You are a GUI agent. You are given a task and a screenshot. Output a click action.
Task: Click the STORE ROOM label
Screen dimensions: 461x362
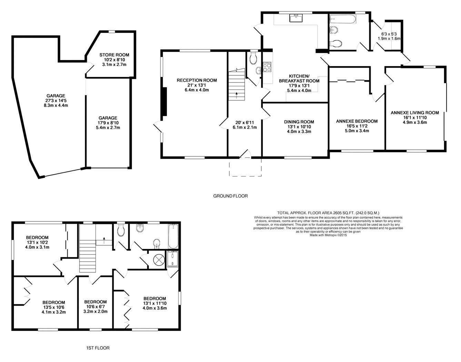114,55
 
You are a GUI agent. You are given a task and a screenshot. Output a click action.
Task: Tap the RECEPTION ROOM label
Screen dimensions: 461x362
197,80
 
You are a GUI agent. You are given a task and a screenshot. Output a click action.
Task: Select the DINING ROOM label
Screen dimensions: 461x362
299,122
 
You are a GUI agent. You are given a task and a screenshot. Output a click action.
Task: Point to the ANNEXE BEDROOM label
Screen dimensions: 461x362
357,121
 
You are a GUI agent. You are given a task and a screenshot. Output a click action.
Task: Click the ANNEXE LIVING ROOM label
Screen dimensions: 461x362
415,113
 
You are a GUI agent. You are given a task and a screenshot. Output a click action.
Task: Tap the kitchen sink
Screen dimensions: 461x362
296,18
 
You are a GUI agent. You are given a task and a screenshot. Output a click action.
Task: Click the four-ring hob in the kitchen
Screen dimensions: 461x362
267,67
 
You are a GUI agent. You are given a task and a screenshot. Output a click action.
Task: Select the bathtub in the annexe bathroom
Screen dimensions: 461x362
342,19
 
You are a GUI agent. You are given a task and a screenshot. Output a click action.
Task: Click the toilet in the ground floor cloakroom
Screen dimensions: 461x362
253,57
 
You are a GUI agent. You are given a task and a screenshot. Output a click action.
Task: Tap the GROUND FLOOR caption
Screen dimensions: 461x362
230,196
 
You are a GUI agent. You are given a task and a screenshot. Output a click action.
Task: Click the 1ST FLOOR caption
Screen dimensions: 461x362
98,348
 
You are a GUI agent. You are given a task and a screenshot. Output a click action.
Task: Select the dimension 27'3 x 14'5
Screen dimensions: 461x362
56,101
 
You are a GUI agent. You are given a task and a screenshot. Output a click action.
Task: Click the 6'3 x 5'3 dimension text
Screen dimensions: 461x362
389,34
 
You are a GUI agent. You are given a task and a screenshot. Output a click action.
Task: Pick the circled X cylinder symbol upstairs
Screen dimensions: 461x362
159,260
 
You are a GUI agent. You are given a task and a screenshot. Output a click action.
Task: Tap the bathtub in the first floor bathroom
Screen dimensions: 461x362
173,236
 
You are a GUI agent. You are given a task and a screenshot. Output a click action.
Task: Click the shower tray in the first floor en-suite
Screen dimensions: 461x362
173,259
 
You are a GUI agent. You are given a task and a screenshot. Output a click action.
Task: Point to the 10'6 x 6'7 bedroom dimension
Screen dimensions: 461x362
96,306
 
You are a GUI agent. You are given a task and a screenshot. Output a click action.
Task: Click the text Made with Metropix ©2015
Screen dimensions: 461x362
328,235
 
